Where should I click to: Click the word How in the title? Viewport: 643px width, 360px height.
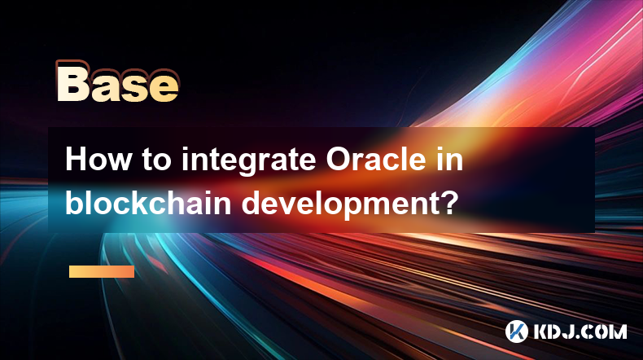(98, 160)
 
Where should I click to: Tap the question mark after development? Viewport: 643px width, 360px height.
(448, 203)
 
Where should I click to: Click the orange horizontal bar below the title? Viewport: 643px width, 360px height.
(102, 271)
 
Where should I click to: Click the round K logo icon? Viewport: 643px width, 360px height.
(516, 331)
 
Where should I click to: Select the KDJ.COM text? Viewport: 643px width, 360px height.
(580, 331)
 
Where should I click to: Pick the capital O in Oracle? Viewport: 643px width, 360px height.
(339, 160)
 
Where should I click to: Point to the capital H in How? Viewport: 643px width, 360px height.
(76, 160)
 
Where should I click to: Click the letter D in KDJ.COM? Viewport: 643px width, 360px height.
(557, 331)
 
